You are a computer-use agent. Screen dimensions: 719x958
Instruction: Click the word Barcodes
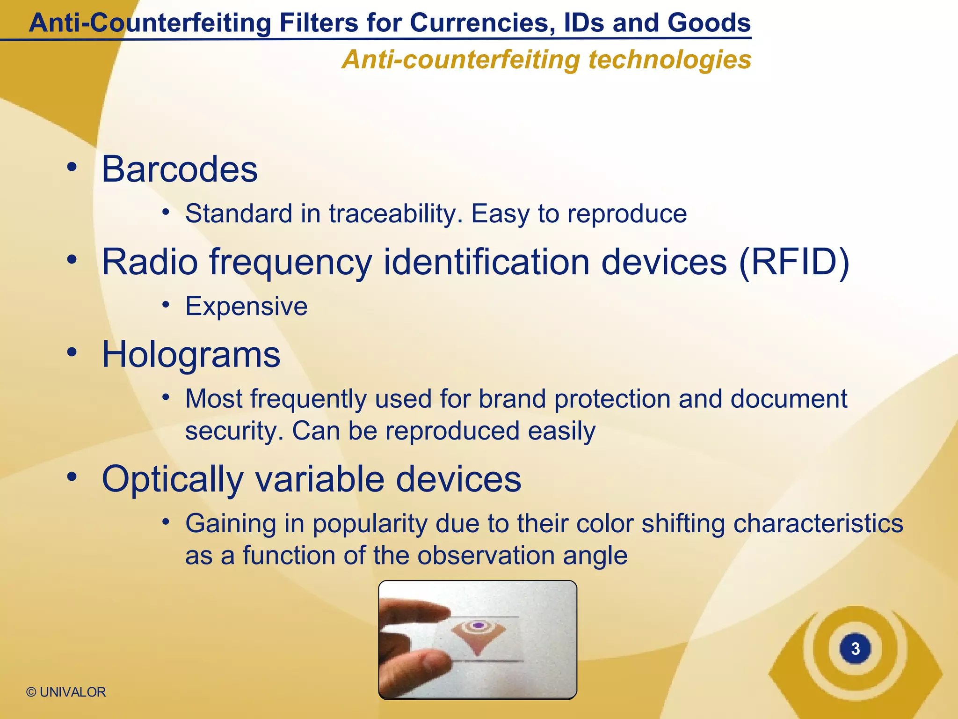(180, 169)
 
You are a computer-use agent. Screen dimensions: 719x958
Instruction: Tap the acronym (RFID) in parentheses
(794, 262)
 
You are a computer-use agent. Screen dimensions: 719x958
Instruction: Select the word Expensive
(247, 307)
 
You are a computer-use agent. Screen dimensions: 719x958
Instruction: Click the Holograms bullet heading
(191, 354)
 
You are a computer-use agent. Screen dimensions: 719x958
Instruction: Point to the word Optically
(173, 479)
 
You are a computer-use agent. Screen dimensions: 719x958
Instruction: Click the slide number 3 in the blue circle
(855, 649)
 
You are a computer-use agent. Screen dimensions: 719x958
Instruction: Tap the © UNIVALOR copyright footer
(66, 692)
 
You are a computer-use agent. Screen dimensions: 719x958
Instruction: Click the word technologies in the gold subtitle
(669, 60)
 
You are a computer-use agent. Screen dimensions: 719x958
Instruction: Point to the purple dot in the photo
(478, 625)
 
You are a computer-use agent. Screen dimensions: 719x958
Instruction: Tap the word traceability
(396, 214)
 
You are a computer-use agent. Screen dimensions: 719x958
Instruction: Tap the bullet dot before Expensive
(165, 305)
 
